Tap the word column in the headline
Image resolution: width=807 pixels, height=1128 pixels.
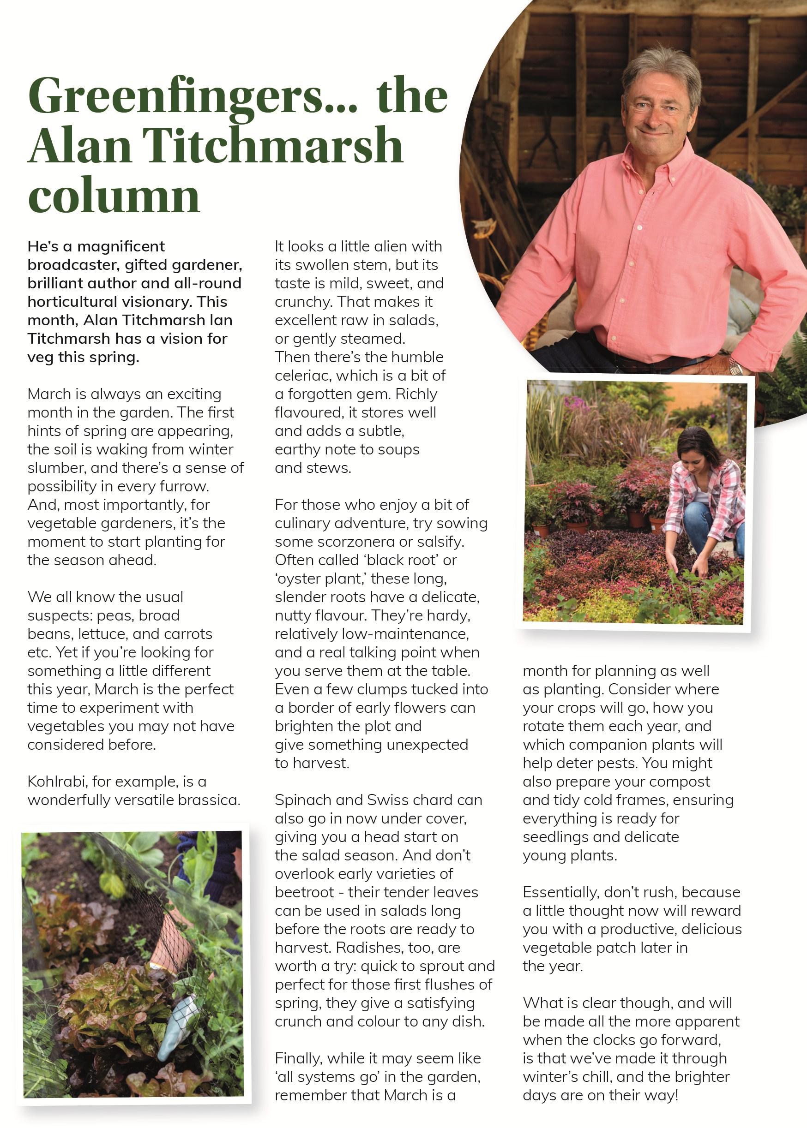(x=114, y=195)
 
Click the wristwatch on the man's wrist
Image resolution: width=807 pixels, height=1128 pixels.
(x=735, y=368)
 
